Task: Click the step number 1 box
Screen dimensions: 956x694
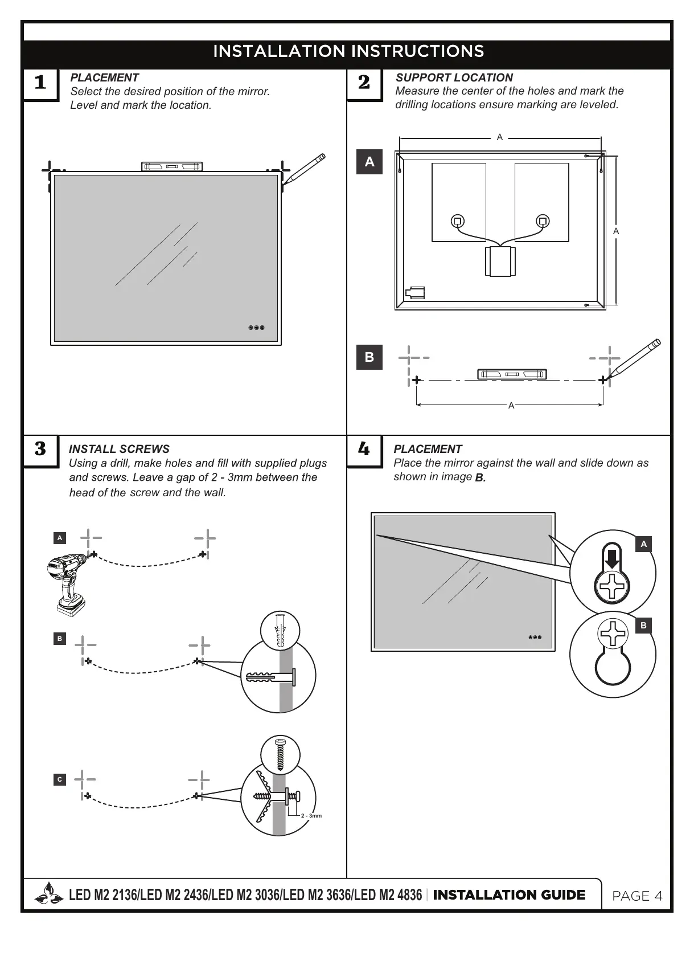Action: click(40, 83)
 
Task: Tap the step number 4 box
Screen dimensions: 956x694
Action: click(364, 450)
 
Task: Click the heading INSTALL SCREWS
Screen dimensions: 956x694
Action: click(119, 449)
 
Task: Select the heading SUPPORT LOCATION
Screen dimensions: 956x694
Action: click(454, 77)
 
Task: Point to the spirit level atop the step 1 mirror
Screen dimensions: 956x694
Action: click(172, 166)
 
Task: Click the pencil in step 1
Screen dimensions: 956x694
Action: click(304, 169)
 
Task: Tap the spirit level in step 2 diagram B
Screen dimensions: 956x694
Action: click(512, 374)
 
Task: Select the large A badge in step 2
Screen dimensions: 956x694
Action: click(369, 162)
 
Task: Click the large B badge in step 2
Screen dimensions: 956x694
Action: click(369, 357)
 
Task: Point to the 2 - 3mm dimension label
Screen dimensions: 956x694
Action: click(311, 816)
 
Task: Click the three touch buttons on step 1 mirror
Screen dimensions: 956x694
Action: click(256, 328)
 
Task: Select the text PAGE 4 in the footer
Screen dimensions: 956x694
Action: click(637, 896)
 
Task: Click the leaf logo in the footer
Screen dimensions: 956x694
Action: click(48, 894)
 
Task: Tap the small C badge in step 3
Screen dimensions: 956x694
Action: click(60, 779)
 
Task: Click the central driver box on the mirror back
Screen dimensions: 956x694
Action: click(500, 262)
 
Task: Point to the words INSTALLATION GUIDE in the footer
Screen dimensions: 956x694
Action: click(509, 895)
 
